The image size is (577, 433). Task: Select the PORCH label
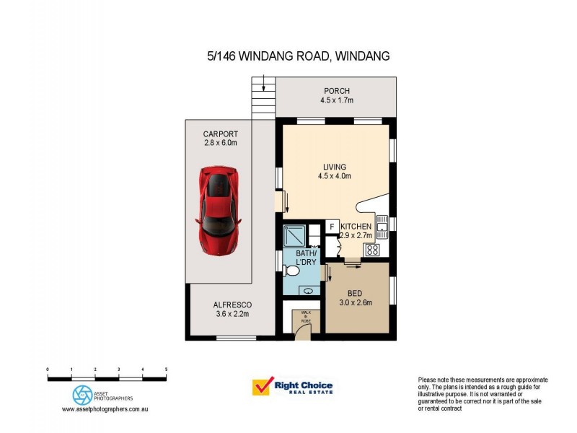(336, 91)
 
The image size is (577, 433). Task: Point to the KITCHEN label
(356, 226)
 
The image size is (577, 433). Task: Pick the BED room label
(355, 294)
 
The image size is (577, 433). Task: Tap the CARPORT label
(220, 134)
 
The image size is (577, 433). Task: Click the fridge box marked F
(332, 227)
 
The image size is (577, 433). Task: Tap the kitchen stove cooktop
(373, 250)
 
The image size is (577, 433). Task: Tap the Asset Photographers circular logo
(81, 394)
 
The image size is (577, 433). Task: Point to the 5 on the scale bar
(167, 369)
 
